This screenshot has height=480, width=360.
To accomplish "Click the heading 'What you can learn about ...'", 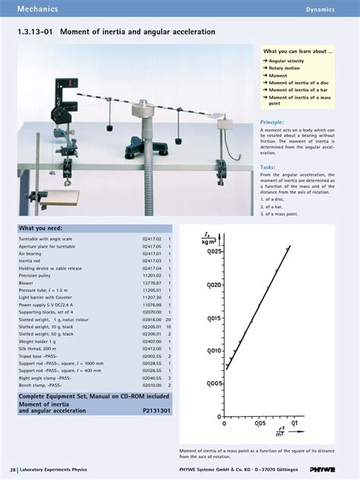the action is [297, 51].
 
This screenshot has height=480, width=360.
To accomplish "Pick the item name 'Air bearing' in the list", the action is [32, 254].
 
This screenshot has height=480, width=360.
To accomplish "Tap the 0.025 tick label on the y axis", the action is [215, 251].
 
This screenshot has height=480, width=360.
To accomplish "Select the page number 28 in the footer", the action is [13, 470].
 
